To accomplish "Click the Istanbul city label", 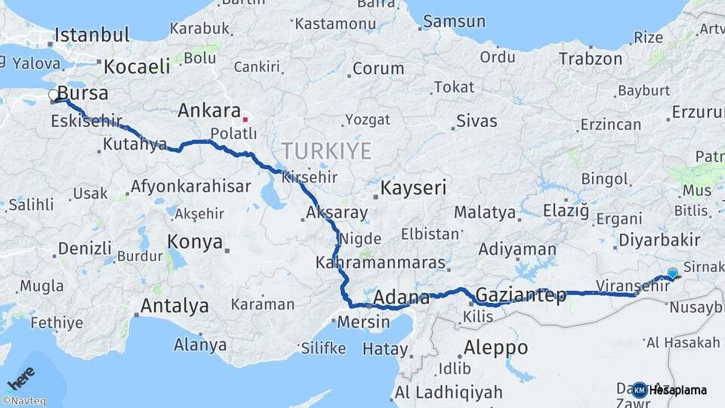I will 92,35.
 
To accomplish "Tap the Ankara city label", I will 209,111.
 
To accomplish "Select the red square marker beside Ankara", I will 245,119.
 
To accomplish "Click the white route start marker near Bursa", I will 54,95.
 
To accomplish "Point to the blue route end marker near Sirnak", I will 672,273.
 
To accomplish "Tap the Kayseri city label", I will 413,187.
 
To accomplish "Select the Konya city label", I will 195,242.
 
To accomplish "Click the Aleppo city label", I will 495,348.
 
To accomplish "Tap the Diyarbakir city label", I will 659,240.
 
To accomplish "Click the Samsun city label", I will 453,21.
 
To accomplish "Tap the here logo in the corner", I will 20,376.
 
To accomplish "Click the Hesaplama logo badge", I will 671,390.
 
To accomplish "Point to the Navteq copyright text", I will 23,401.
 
